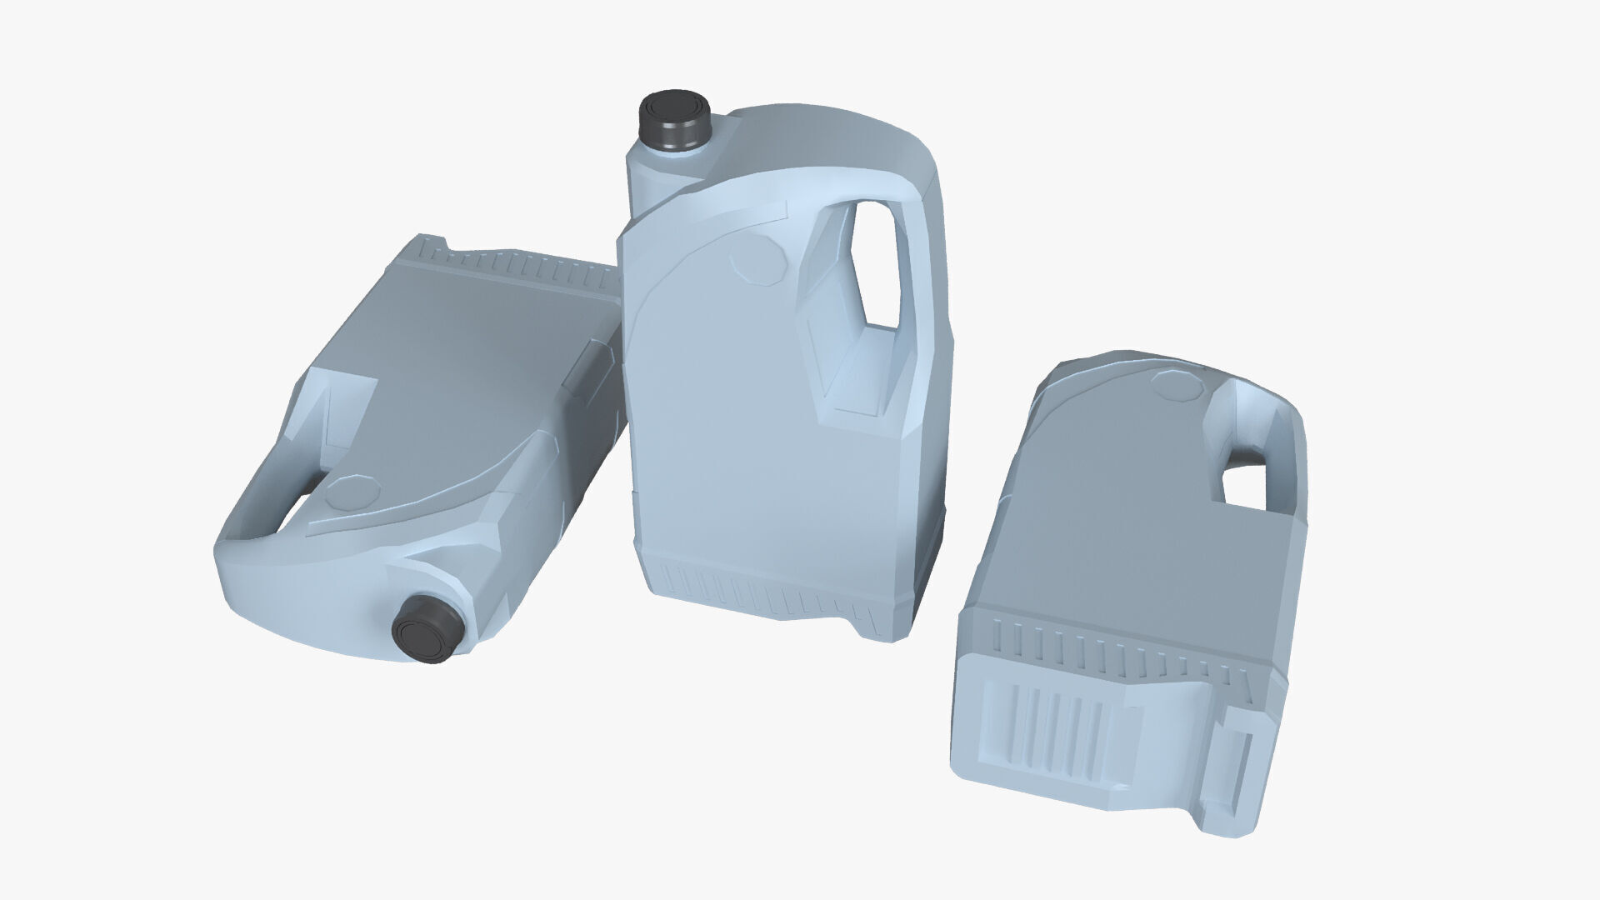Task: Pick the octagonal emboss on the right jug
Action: click(1177, 386)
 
